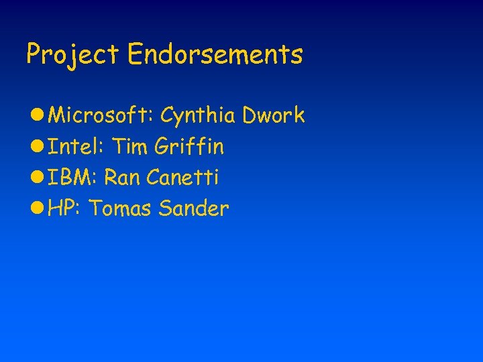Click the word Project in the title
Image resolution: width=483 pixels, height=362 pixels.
pyautogui.click(x=72, y=54)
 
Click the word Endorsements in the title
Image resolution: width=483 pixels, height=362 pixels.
pyautogui.click(x=215, y=54)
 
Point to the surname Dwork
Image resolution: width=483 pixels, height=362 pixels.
pyautogui.click(x=274, y=115)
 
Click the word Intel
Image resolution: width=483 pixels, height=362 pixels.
pyautogui.click(x=74, y=146)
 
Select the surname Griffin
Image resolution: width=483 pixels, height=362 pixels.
pyautogui.click(x=189, y=146)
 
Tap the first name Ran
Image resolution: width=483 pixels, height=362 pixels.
pyautogui.click(x=121, y=178)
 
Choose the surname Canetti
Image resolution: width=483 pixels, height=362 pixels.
pyautogui.click(x=182, y=178)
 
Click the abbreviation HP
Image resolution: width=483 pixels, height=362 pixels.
pyautogui.click(x=64, y=208)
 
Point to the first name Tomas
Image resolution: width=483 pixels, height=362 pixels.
pyautogui.click(x=121, y=208)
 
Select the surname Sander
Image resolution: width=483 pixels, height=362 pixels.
pyautogui.click(x=195, y=208)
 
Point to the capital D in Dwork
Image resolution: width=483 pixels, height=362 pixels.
pyautogui.click(x=249, y=115)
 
